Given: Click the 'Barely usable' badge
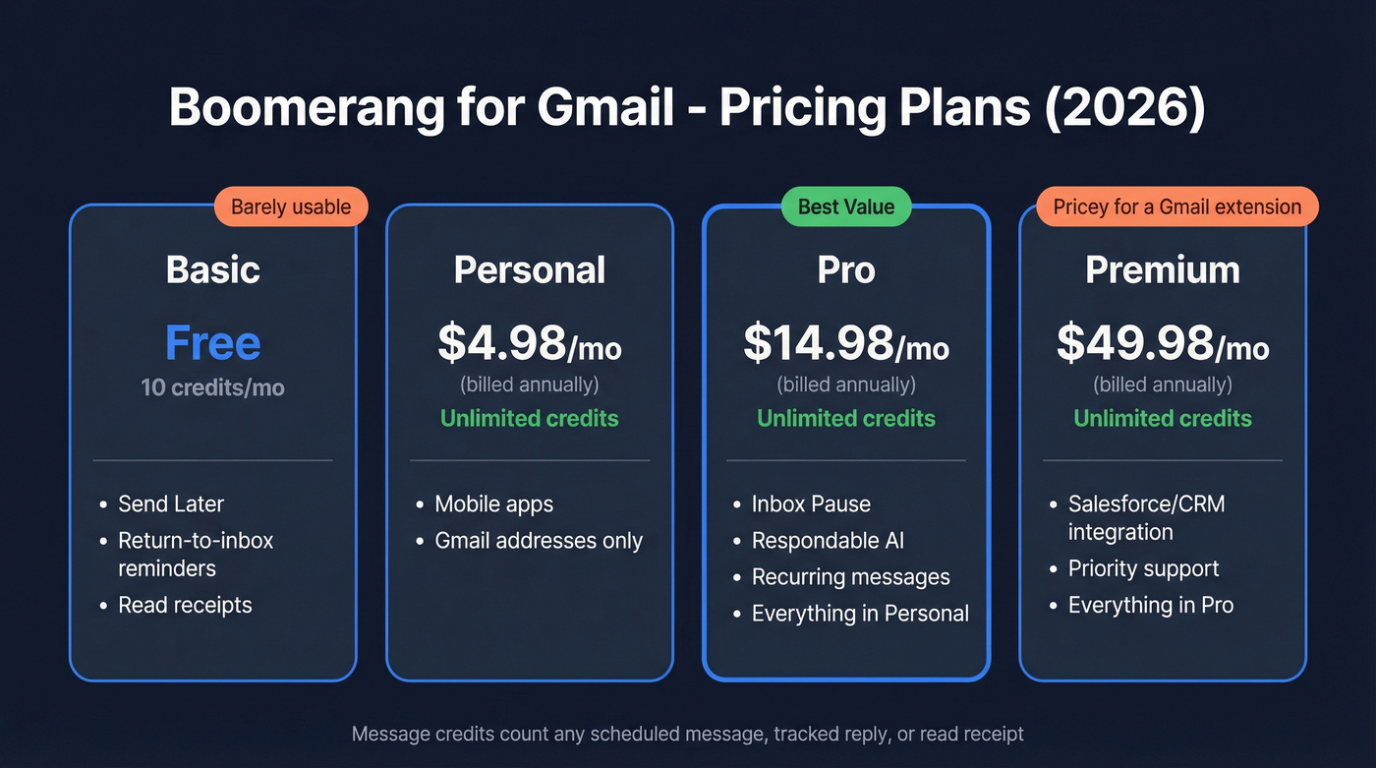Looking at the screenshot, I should tap(291, 207).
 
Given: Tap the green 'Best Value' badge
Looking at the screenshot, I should tap(846, 207).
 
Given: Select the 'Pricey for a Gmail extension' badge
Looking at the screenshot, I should tap(1176, 207).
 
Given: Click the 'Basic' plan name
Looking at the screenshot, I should tap(213, 269).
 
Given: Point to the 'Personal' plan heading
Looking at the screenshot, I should tap(530, 270).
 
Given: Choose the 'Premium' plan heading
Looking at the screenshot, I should tap(1163, 270).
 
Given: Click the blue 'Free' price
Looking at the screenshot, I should tap(213, 342).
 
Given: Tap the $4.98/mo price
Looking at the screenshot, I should tap(530, 342).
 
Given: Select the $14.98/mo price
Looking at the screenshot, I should tap(846, 342).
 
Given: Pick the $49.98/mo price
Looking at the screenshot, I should tap(1163, 342).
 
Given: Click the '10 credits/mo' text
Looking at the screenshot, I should tap(213, 387).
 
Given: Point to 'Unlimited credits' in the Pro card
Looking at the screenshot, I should tap(846, 418).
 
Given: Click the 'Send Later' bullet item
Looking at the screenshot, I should tap(171, 504).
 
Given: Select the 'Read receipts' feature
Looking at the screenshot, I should tap(185, 605).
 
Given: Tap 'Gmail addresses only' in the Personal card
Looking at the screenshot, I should tap(539, 541).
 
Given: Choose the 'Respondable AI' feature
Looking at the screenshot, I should tap(828, 541).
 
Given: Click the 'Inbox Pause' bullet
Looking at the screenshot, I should tap(811, 504).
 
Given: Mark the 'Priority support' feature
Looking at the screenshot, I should tap(1143, 568).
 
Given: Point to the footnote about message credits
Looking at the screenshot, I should tap(688, 734).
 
